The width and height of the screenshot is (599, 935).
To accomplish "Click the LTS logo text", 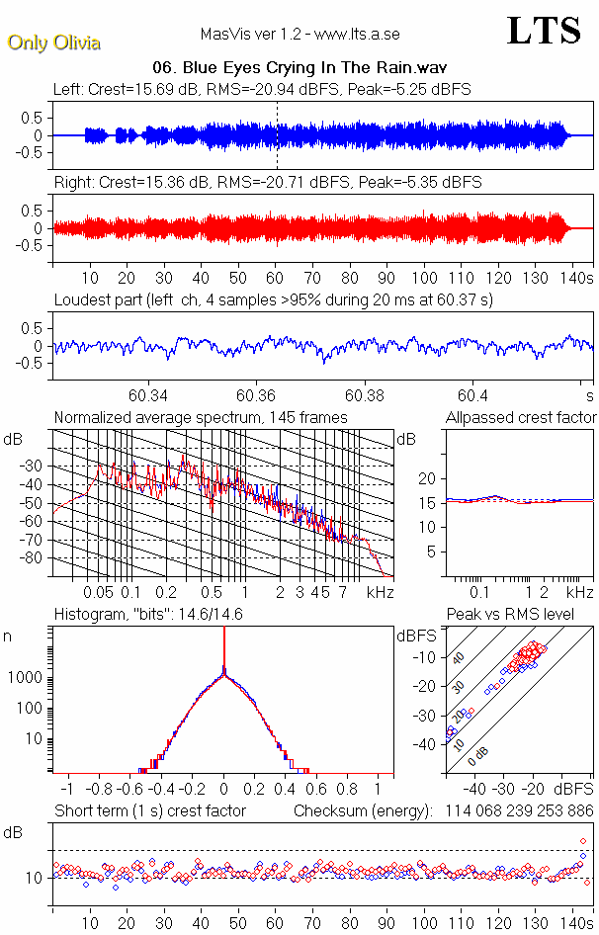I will pyautogui.click(x=543, y=31).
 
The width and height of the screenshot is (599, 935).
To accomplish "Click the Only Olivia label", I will pyautogui.click(x=43, y=42).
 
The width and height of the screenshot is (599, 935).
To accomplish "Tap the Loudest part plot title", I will pyautogui.click(x=273, y=299).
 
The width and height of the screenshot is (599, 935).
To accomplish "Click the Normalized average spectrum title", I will pyautogui.click(x=201, y=418).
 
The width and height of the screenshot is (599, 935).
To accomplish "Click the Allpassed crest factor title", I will pyautogui.click(x=521, y=418).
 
